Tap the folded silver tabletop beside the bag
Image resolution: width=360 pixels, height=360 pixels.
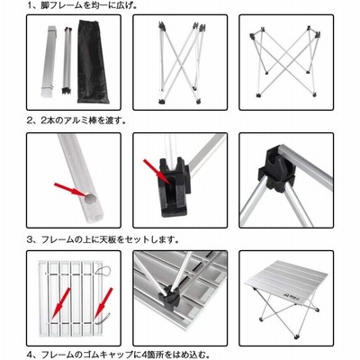point(49,61)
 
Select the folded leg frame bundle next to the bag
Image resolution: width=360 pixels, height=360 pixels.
point(67,61)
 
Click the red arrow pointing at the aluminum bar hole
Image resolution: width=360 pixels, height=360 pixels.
point(70,190)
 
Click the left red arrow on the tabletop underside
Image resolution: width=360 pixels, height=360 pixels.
point(60,303)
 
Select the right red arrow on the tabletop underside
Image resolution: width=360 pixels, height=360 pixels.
point(103,303)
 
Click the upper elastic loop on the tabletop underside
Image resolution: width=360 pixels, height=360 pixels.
point(103,272)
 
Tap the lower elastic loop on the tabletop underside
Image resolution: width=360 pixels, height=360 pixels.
point(103,318)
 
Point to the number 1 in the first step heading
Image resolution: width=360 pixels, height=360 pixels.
point(30,5)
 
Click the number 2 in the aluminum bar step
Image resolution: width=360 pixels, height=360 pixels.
point(30,121)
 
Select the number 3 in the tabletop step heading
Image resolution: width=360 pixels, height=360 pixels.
point(30,239)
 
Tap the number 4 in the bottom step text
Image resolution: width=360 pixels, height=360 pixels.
point(30,355)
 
